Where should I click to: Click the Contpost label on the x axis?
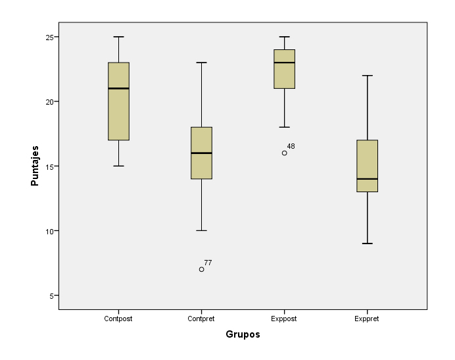(x=118, y=319)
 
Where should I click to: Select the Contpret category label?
(x=201, y=319)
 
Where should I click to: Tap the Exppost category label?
(x=284, y=319)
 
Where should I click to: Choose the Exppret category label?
(x=367, y=319)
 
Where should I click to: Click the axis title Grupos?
(x=243, y=334)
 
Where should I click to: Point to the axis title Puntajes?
(x=35, y=166)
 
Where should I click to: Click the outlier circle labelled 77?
(x=201, y=269)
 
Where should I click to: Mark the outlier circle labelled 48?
(x=284, y=153)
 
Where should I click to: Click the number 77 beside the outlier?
(x=208, y=263)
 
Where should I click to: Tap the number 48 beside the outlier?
(x=291, y=146)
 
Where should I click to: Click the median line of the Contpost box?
(x=118, y=88)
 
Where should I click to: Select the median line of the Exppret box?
(x=367, y=179)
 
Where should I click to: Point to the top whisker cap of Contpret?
(x=201, y=63)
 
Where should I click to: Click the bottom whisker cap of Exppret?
(x=367, y=244)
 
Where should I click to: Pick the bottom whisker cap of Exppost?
(x=284, y=127)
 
